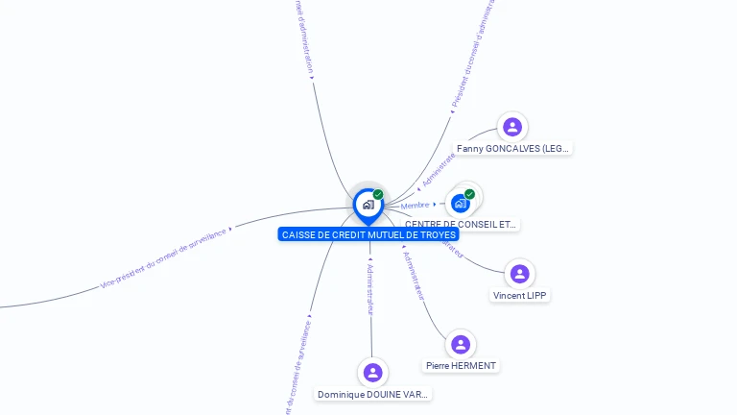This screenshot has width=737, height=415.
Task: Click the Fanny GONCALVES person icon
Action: pyautogui.click(x=512, y=127)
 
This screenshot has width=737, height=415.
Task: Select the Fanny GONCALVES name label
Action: pyautogui.click(x=512, y=149)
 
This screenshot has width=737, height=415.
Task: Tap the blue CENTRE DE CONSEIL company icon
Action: pyautogui.click(x=461, y=204)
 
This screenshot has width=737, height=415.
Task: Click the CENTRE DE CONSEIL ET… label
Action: pyautogui.click(x=461, y=224)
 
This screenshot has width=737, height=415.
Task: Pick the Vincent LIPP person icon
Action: pyautogui.click(x=520, y=274)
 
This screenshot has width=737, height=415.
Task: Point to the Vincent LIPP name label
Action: pyautogui.click(x=520, y=296)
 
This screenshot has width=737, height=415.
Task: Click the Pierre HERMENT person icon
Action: pyautogui.click(x=461, y=344)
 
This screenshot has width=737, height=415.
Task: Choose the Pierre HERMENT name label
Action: pyautogui.click(x=462, y=366)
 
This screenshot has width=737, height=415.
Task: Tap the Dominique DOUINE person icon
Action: pyautogui.click(x=373, y=373)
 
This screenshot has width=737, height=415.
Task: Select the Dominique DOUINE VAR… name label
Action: pyautogui.click(x=373, y=395)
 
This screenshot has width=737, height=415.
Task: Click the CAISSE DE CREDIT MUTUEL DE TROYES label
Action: pyautogui.click(x=369, y=234)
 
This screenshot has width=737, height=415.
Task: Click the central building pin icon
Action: pyautogui.click(x=368, y=205)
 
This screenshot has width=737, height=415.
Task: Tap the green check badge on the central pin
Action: pyautogui.click(x=378, y=194)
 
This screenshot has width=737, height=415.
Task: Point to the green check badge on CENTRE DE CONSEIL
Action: pyautogui.click(x=469, y=194)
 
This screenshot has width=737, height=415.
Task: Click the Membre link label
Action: pyautogui.click(x=416, y=206)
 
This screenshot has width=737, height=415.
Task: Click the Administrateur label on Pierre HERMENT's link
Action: pyautogui.click(x=413, y=275)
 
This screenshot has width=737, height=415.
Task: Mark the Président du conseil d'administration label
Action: pyautogui.click(x=473, y=58)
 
